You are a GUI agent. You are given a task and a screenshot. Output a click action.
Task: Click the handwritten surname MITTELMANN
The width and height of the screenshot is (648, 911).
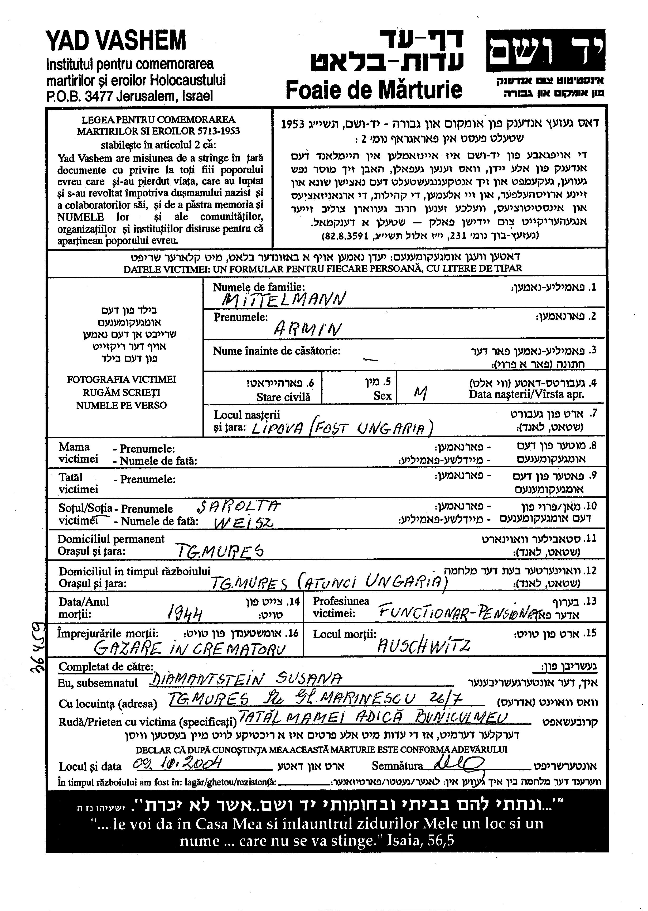[283, 299]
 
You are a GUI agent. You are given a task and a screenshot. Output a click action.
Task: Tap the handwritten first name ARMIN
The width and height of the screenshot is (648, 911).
[307, 329]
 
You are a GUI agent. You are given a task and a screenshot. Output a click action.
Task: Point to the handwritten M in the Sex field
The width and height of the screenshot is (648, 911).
[420, 394]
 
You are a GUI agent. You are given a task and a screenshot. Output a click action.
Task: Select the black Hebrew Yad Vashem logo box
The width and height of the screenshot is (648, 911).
[545, 50]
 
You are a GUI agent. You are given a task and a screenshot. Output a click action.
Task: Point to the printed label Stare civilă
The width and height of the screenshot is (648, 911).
[283, 397]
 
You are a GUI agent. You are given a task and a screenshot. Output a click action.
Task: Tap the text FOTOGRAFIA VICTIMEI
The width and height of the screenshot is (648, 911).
[121, 379]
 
